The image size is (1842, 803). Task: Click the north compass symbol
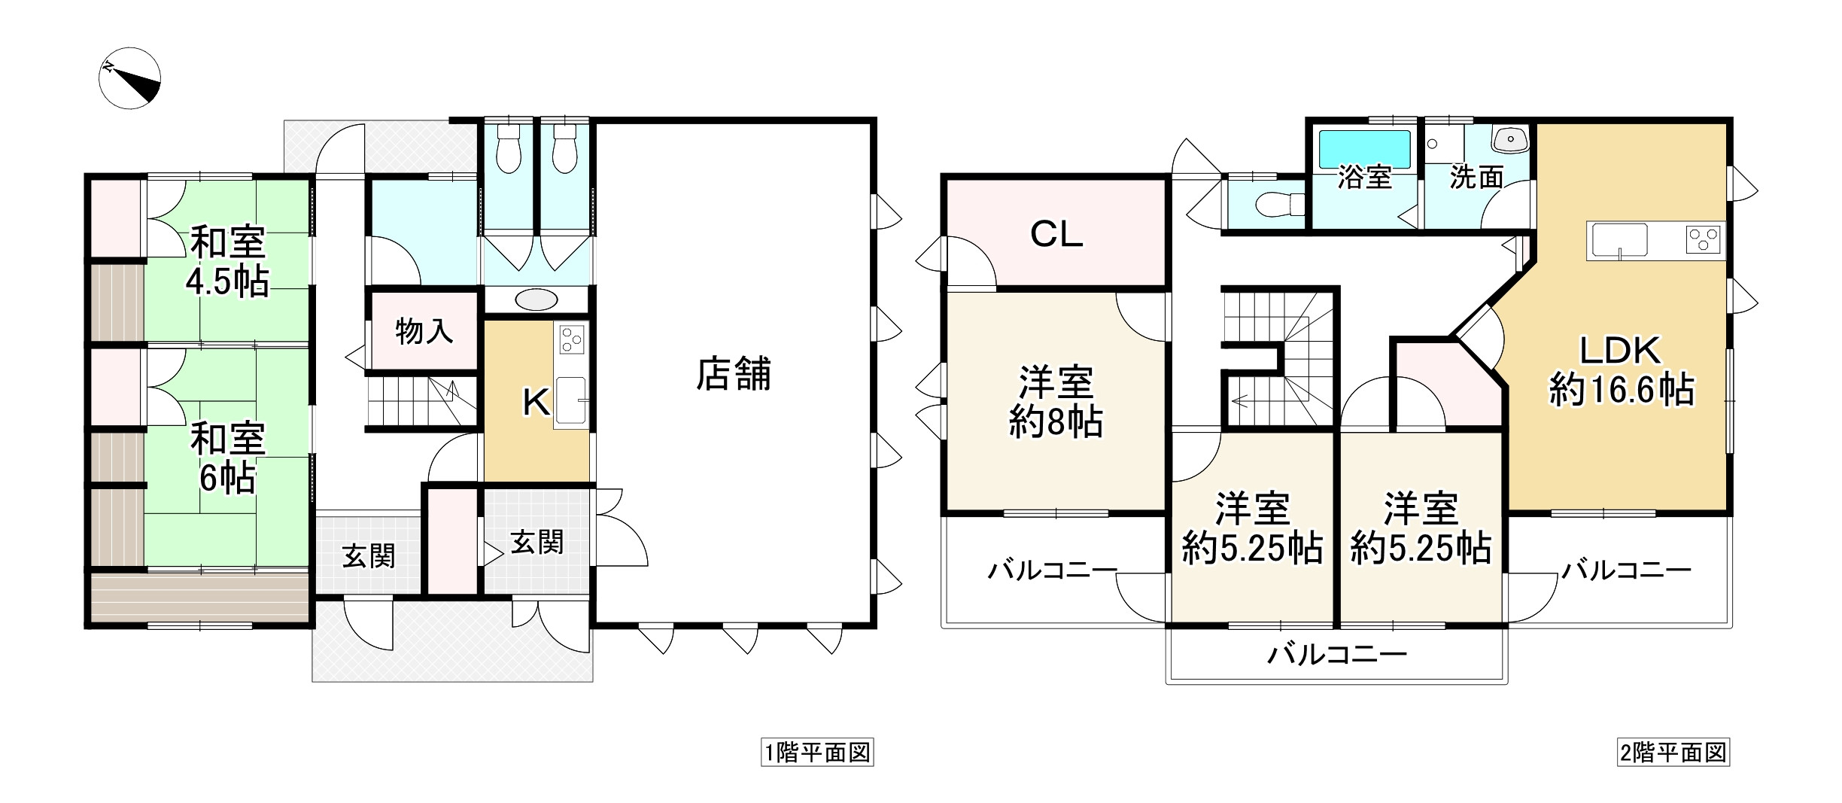pos(129,78)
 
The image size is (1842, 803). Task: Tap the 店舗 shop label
pos(733,374)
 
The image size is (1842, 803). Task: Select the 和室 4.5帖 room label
pos(227,261)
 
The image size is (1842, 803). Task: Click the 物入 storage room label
pos(424,330)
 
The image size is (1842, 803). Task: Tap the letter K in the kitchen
pos(536,404)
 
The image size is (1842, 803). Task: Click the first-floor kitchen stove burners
pos(571,339)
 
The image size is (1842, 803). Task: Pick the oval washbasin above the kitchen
pos(536,300)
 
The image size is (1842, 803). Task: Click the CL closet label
pos(1056,236)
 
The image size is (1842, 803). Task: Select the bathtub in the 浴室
pos(1364,149)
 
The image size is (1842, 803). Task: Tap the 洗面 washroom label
pos(1476,178)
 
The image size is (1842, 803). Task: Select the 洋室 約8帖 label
pos(1056,402)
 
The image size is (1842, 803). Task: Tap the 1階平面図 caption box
pos(817,753)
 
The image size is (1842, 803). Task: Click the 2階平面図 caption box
pos(1673,753)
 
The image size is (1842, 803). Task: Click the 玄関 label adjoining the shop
pos(536,542)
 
